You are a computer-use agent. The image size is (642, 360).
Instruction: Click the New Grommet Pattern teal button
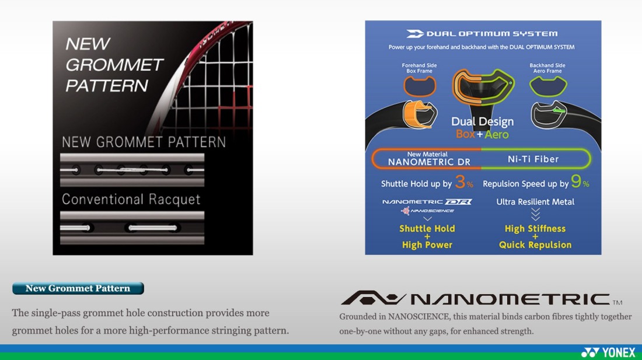click(78, 288)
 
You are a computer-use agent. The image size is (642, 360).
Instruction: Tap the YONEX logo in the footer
click(608, 352)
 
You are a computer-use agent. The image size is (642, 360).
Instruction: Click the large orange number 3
click(460, 181)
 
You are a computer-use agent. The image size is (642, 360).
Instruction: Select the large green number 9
click(576, 181)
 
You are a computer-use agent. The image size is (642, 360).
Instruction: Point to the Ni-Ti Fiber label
click(533, 159)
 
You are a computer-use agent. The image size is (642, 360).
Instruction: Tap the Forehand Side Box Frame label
click(419, 68)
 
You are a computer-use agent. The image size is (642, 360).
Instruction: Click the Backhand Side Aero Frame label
click(547, 68)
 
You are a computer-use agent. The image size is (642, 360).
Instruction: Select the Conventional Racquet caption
click(131, 199)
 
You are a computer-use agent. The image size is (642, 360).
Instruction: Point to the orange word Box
click(466, 134)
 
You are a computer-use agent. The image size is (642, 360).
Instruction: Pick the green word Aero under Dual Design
click(497, 134)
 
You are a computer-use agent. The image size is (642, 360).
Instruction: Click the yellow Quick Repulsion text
click(535, 244)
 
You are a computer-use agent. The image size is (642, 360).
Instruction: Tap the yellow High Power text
click(427, 244)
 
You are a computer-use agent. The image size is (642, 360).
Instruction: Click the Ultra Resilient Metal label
click(535, 202)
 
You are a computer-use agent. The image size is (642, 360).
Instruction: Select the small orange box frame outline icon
click(420, 86)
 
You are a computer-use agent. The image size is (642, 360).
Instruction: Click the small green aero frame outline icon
click(548, 86)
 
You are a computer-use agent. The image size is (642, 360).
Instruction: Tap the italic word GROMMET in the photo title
click(114, 65)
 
